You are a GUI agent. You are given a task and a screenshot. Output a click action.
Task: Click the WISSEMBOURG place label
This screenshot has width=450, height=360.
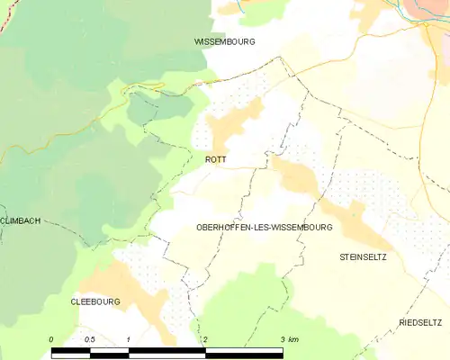tap(225, 42)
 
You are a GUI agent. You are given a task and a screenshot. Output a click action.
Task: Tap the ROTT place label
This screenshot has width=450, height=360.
tap(216, 159)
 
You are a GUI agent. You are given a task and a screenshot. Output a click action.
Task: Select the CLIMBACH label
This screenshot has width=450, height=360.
tap(21, 220)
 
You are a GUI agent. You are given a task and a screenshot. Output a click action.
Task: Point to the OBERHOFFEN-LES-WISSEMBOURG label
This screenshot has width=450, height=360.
tap(264, 228)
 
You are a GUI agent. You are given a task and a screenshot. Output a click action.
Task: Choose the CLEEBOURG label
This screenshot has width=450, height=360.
tap(95, 302)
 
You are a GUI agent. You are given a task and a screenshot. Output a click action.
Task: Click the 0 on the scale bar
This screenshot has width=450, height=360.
tap(52, 338)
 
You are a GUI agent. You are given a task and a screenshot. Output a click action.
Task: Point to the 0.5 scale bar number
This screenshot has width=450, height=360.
tap(90, 338)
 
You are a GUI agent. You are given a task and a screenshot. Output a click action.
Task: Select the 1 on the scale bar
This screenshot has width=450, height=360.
tap(130, 338)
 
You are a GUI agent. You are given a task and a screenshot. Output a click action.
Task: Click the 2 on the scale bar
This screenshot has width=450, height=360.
tap(206, 338)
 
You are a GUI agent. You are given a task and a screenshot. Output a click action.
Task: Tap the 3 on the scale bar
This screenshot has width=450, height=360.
tap(283, 338)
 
